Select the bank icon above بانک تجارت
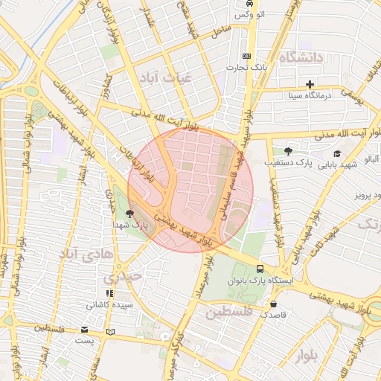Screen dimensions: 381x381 pos(247,57)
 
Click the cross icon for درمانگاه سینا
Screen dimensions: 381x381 pos(310,83)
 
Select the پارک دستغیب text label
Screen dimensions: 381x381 pos(288,162)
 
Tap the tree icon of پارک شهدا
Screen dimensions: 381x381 pos(131,214)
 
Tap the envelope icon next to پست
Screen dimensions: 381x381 pos(84,330)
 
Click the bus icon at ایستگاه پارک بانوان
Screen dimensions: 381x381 pos(259,269)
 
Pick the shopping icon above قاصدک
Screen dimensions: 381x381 pos(275,304)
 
